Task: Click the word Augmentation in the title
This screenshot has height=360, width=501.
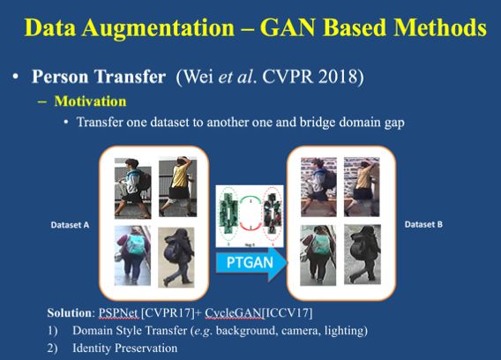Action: [x=158, y=29]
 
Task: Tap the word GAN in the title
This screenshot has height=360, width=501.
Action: [x=288, y=27]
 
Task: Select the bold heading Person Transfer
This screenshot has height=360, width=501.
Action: [x=99, y=77]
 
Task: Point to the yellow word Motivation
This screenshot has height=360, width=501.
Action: [x=91, y=101]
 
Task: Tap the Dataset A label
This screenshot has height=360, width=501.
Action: [x=70, y=225]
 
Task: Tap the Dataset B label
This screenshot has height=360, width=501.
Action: [x=423, y=224]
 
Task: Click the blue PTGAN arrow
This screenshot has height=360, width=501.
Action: [x=251, y=262]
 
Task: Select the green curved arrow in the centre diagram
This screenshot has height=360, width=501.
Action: [x=250, y=199]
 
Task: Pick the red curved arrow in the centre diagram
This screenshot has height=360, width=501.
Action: [x=250, y=228]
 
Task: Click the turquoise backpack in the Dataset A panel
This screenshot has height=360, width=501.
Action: [x=136, y=244]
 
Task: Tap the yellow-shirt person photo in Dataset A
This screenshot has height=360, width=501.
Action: [x=177, y=187]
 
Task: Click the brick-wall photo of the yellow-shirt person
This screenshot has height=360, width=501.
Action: [x=362, y=187]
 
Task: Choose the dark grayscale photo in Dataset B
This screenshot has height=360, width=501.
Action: [x=363, y=254]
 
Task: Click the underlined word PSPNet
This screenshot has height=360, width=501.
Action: [x=118, y=312]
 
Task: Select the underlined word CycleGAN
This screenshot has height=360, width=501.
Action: [x=233, y=312]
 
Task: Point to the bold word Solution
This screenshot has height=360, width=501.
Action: [x=70, y=312]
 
